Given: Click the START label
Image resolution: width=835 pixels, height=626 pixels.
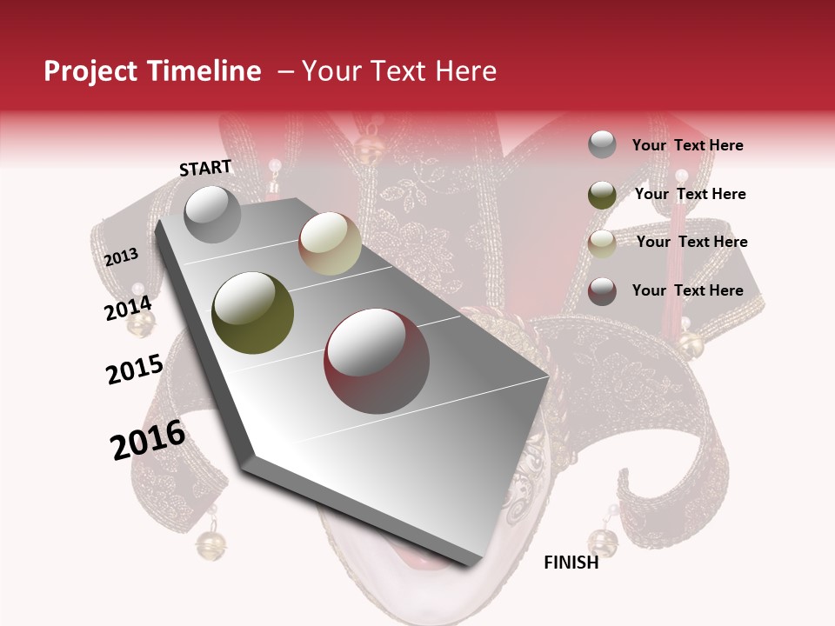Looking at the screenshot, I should pos(205,168).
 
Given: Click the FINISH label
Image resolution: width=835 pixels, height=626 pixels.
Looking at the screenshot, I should pos(571,563).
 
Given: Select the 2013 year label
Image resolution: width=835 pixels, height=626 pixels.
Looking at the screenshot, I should pos(122,257).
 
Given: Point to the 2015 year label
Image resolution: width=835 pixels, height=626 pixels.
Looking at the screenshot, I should pos(135,370).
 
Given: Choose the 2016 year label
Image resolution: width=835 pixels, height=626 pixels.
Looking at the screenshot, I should pos(148,439).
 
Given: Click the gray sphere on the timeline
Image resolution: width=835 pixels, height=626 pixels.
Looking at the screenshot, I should pos(212,214).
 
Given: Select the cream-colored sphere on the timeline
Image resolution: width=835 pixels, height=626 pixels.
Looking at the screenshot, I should pos(330,243).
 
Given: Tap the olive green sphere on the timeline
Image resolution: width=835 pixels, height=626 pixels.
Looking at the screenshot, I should pos(253,313).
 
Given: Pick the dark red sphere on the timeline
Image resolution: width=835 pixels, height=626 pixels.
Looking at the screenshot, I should pos(377,361).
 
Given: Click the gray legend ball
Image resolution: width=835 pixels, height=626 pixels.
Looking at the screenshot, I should pos(602,145).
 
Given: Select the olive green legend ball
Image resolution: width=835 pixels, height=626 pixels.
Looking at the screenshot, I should pos(602,195).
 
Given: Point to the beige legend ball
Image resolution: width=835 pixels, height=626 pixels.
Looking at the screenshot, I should pos(602,243).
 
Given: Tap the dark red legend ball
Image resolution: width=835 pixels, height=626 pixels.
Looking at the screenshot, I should pos(602,291).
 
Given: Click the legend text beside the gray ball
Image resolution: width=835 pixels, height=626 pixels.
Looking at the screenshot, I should pos(687,145).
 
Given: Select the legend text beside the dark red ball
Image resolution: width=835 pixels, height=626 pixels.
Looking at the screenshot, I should pos(687,290).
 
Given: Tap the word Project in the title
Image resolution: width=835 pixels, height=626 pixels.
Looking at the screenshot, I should pos(90,71).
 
